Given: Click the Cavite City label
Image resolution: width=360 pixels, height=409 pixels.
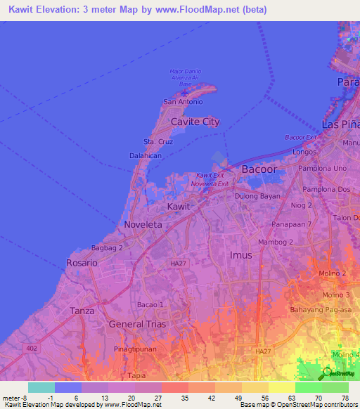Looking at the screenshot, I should point(195,122).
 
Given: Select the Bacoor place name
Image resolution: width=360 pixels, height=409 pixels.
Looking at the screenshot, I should point(259,169).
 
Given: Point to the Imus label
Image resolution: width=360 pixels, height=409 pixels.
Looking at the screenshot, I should point(240,255).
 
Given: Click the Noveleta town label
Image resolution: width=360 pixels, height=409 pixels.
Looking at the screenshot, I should point(143,224).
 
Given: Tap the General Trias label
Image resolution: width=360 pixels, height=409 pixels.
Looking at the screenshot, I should point(136,324).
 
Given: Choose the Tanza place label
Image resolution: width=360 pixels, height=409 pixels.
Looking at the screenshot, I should point(82,310).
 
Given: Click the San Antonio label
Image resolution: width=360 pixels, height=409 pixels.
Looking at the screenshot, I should point(183,102).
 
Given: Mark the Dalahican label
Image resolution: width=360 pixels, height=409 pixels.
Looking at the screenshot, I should point(146,155).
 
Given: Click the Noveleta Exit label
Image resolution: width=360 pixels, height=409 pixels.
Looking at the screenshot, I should point(210,183).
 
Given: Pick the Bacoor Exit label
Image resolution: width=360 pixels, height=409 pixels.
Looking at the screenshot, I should point(300,137).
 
